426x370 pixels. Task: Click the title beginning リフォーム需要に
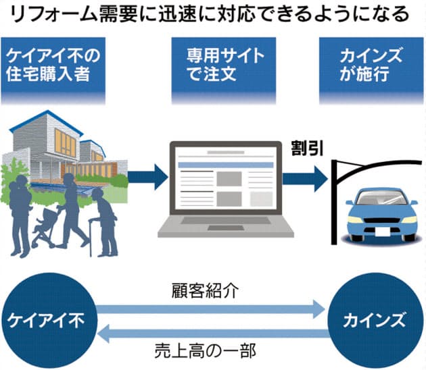(x=213, y=14)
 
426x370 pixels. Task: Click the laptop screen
(x=227, y=178)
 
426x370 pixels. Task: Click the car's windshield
(x=381, y=198)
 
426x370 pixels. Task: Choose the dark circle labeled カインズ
(x=373, y=318)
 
